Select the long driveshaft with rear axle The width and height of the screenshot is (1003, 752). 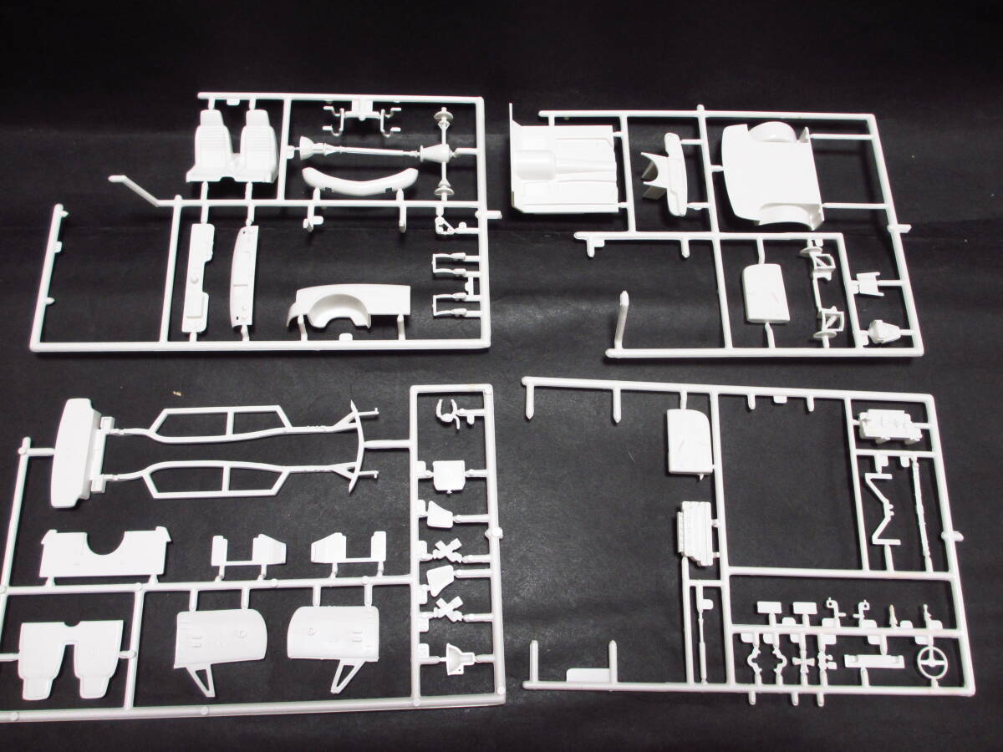pos(368,153)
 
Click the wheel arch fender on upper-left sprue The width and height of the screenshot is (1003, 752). pos(349,307)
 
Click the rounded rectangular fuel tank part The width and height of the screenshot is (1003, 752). pos(766,294)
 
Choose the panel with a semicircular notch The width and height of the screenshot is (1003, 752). pos(104,553)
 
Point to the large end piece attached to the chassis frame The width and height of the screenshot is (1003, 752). pos(77,451)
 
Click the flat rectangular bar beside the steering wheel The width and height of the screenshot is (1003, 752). pos(873,661)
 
